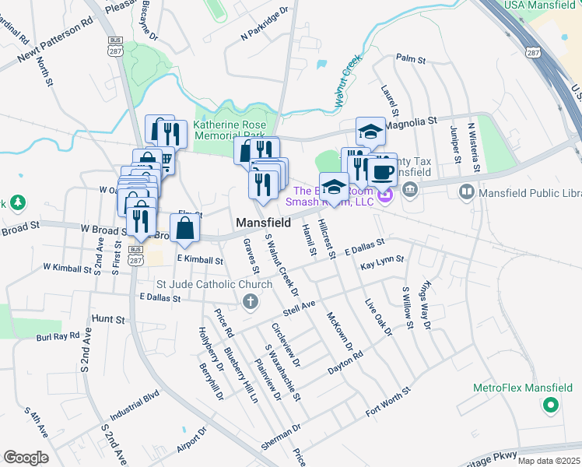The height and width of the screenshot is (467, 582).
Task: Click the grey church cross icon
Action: [x=250, y=302]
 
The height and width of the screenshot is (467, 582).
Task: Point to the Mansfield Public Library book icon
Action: [x=467, y=191]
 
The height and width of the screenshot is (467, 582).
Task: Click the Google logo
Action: [x=26, y=458]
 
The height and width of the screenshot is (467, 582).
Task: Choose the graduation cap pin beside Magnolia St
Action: [x=371, y=132]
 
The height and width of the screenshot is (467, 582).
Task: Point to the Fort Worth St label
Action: [x=387, y=402]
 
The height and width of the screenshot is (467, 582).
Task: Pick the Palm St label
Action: [x=411, y=58]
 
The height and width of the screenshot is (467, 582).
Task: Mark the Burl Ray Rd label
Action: [x=58, y=336]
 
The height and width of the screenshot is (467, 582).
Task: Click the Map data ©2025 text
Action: [x=548, y=461]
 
